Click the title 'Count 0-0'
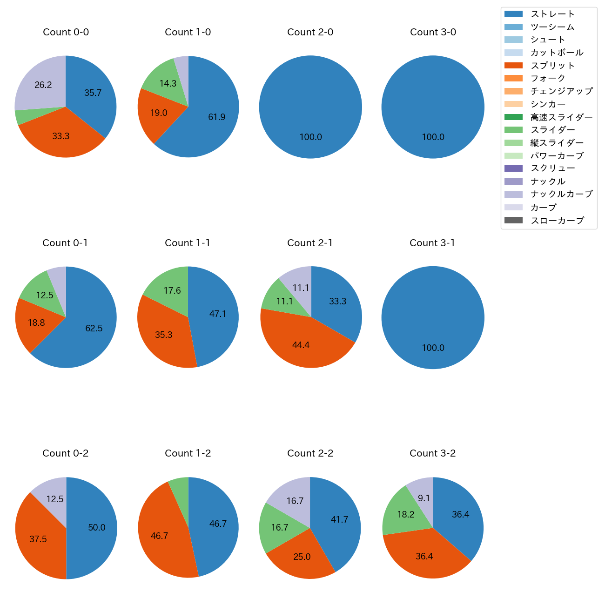(x=66, y=32)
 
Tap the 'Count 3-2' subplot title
(x=432, y=453)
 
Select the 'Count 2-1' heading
(x=310, y=243)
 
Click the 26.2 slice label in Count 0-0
(x=43, y=85)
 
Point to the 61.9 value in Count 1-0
(x=217, y=117)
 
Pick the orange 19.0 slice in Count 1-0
(x=159, y=113)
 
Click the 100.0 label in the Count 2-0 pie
(x=310, y=137)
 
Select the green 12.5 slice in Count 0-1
(x=45, y=295)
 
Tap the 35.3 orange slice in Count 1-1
(x=164, y=335)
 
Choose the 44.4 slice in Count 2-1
(x=301, y=345)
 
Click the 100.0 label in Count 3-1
(x=433, y=348)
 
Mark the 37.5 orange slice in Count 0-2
(x=38, y=539)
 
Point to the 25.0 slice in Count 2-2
(x=302, y=557)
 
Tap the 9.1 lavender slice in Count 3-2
(x=424, y=498)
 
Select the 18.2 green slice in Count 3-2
(x=406, y=514)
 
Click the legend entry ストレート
(x=553, y=14)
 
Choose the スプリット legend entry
(x=553, y=66)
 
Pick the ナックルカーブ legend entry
(x=561, y=194)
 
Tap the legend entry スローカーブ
(x=557, y=220)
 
